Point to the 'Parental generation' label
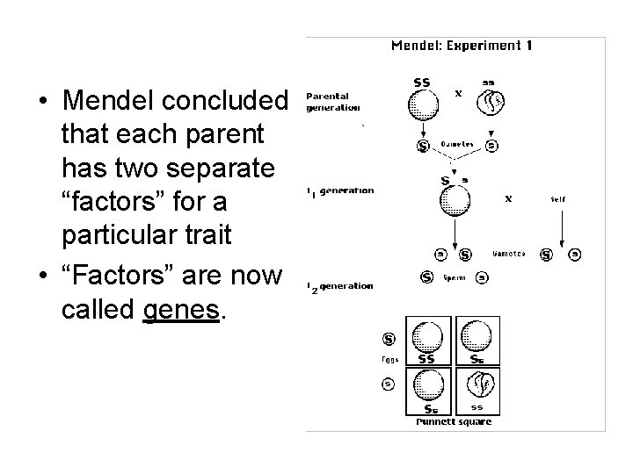[x=332, y=102]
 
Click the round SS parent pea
[x=423, y=104]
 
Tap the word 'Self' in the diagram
[x=559, y=199]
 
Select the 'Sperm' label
[x=454, y=278]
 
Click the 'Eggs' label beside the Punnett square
[x=389, y=358]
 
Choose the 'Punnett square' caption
[x=454, y=422]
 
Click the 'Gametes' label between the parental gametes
[x=457, y=145]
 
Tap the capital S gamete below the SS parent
[x=423, y=145]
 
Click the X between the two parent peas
[x=457, y=92]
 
